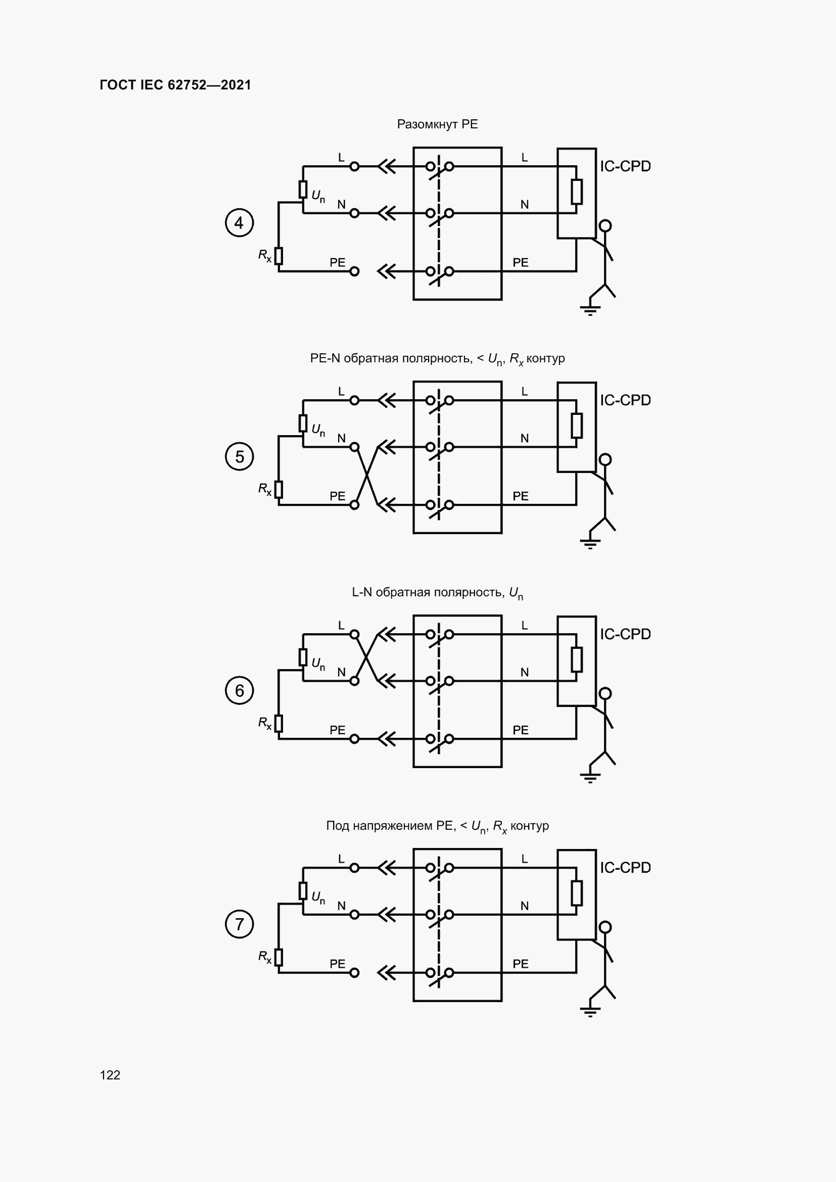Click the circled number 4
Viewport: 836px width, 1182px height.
pyautogui.click(x=240, y=223)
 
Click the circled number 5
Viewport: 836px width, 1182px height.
pyautogui.click(x=240, y=457)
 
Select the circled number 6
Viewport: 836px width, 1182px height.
pyautogui.click(x=240, y=690)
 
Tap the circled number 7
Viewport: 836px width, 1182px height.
pyautogui.click(x=240, y=924)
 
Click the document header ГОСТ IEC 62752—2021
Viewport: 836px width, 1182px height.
pyautogui.click(x=175, y=85)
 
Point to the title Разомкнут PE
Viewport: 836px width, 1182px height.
pyautogui.click(x=437, y=124)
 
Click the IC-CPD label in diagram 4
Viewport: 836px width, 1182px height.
pyautogui.click(x=625, y=166)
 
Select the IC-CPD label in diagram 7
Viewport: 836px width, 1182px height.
pyautogui.click(x=625, y=868)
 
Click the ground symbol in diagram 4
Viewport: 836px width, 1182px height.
pyautogui.click(x=590, y=310)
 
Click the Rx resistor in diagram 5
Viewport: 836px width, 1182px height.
pyautogui.click(x=278, y=489)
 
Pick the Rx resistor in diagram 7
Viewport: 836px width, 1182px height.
pyautogui.click(x=278, y=957)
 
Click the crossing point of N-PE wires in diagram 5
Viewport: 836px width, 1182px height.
pyautogui.click(x=366, y=476)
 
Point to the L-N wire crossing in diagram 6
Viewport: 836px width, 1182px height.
pyautogui.click(x=366, y=657)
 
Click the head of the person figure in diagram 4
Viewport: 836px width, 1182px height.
pyautogui.click(x=606, y=225)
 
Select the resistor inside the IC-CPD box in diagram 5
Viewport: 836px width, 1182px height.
pyautogui.click(x=577, y=425)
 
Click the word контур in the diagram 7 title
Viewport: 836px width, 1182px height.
pyautogui.click(x=529, y=826)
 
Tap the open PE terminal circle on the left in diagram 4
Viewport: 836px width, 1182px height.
pyautogui.click(x=354, y=271)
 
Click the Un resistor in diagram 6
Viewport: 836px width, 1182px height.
pyautogui.click(x=303, y=657)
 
